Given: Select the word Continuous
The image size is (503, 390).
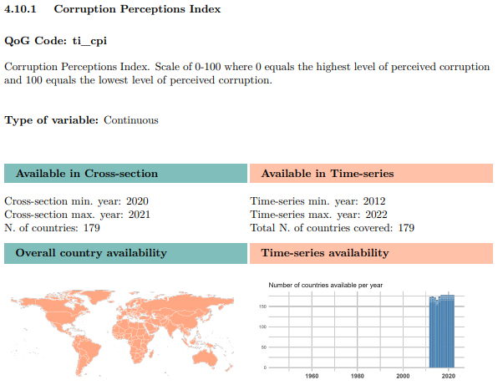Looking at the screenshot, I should pyautogui.click(x=130, y=120).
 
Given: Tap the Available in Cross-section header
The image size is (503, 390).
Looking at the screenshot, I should pyautogui.click(x=87, y=174).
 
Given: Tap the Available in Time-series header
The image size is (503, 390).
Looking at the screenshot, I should pyautogui.click(x=328, y=174).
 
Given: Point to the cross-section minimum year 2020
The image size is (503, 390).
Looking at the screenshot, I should pyautogui.click(x=138, y=201).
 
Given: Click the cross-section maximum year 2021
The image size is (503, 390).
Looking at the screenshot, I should pyautogui.click(x=140, y=215).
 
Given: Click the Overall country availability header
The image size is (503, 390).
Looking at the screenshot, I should pyautogui.click(x=91, y=253).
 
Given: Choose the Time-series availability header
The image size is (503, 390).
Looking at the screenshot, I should pyautogui.click(x=325, y=253).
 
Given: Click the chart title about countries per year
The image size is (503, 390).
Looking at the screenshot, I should pyautogui.click(x=326, y=286).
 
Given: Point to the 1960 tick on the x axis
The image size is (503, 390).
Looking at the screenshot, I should pyautogui.click(x=312, y=376).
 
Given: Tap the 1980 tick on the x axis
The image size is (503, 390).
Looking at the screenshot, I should pyautogui.click(x=358, y=376).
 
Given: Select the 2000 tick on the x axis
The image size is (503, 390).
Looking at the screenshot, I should pyautogui.click(x=403, y=376).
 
